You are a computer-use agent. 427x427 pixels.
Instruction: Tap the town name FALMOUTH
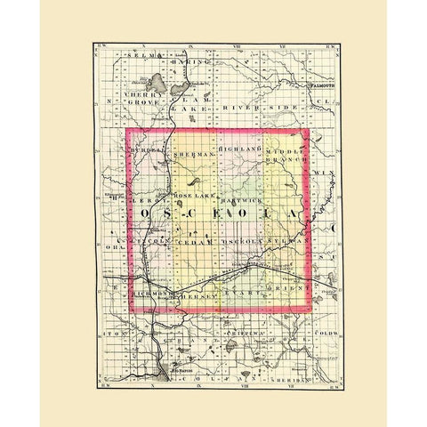coord(319,86)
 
